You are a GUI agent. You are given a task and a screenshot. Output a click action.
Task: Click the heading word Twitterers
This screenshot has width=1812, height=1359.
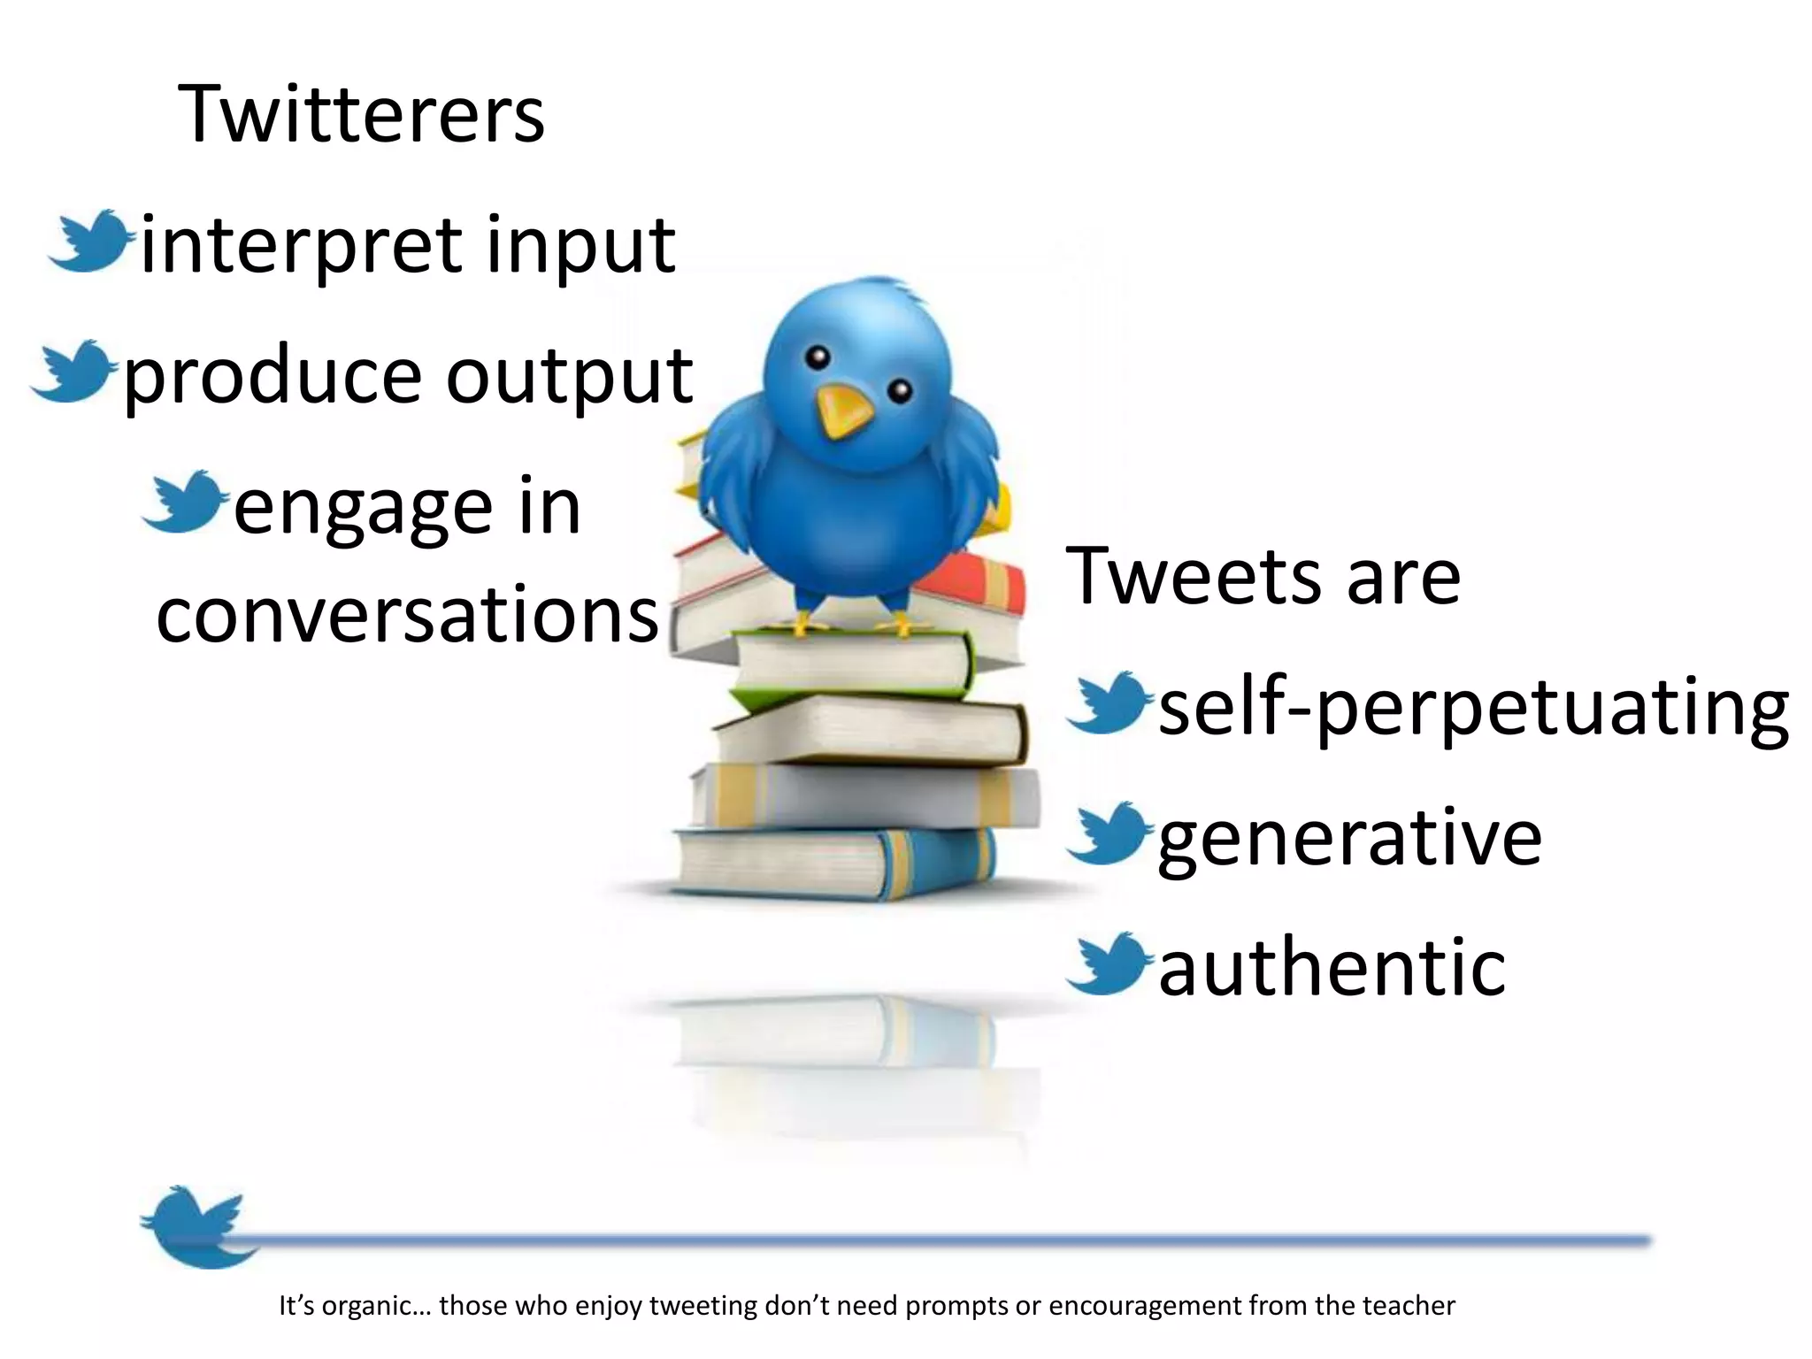tap(361, 114)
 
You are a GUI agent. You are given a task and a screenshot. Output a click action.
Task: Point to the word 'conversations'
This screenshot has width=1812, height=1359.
tap(407, 615)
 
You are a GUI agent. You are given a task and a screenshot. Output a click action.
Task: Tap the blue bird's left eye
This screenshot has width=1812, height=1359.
tap(818, 357)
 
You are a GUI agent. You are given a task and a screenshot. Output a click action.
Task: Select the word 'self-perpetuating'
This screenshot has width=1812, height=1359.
tap(1473, 708)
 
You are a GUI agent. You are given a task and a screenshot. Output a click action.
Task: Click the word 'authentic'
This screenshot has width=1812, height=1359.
tap(1332, 966)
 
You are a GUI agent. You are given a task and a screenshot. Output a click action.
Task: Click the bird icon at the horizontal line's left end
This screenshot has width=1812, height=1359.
tap(195, 1226)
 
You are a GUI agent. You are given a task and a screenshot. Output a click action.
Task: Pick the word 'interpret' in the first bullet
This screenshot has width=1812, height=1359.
tap(301, 245)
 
